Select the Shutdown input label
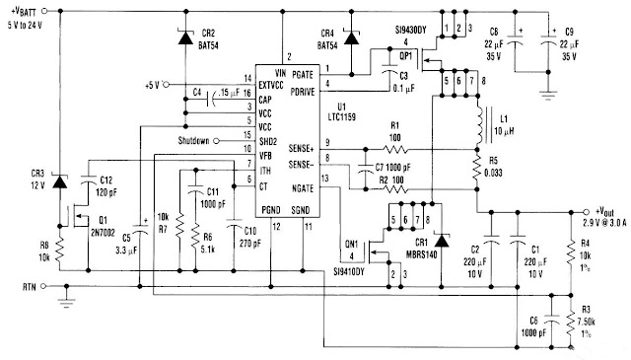(x=196, y=140)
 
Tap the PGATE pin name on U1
(x=331, y=74)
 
